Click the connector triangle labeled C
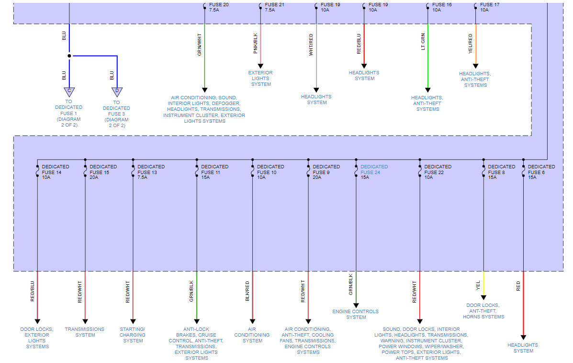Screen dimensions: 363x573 tap(69, 91)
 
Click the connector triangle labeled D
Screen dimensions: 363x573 tap(117, 91)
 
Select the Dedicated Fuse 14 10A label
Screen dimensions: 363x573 tap(55, 172)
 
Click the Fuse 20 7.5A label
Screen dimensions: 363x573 tap(219, 7)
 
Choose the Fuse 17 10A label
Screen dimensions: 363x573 tap(490, 7)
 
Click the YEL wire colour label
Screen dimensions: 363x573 tap(478, 286)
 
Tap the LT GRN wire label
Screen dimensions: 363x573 tap(423, 41)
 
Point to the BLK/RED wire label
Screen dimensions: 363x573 tap(247, 291)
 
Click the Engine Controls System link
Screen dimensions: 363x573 tap(356, 314)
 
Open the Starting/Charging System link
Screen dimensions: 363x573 tap(133, 335)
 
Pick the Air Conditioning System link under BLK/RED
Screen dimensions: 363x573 tap(252, 335)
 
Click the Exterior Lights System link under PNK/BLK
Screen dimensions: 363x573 tap(260, 78)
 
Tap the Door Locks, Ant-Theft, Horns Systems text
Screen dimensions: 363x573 tap(483, 311)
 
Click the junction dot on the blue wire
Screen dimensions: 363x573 tap(69, 56)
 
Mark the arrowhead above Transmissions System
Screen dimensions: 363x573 tap(85, 322)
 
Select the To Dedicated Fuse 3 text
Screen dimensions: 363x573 tap(116, 114)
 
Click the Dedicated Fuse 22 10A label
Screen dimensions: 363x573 tap(438, 172)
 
